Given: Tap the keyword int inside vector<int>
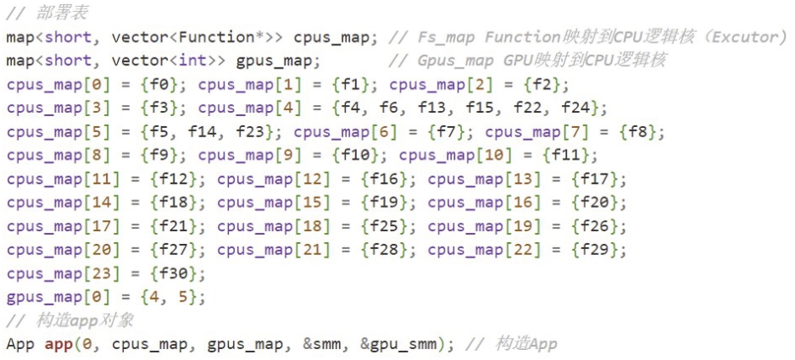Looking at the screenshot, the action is (x=193, y=61).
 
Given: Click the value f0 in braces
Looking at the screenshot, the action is (x=159, y=85).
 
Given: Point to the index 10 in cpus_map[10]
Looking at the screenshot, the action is (x=493, y=156).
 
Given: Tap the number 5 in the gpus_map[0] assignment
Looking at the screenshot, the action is (x=183, y=297).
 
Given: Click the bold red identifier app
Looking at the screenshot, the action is (x=58, y=345).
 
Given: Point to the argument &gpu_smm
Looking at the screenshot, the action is (x=398, y=345).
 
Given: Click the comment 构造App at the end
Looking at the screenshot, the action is (x=525, y=344).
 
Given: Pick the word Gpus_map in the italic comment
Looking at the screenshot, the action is (x=456, y=61).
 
